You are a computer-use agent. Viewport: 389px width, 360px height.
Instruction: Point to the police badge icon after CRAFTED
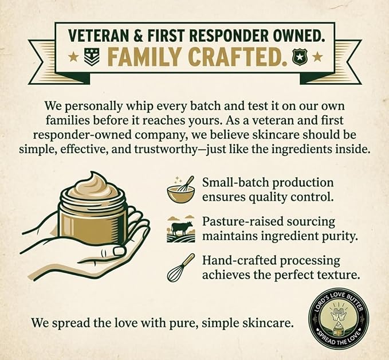click(299, 58)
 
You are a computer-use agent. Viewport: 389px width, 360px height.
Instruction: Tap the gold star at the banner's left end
click(73, 57)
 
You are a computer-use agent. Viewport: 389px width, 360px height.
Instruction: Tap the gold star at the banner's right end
click(317, 58)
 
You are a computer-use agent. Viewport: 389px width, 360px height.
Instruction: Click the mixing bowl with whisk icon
click(180, 190)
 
